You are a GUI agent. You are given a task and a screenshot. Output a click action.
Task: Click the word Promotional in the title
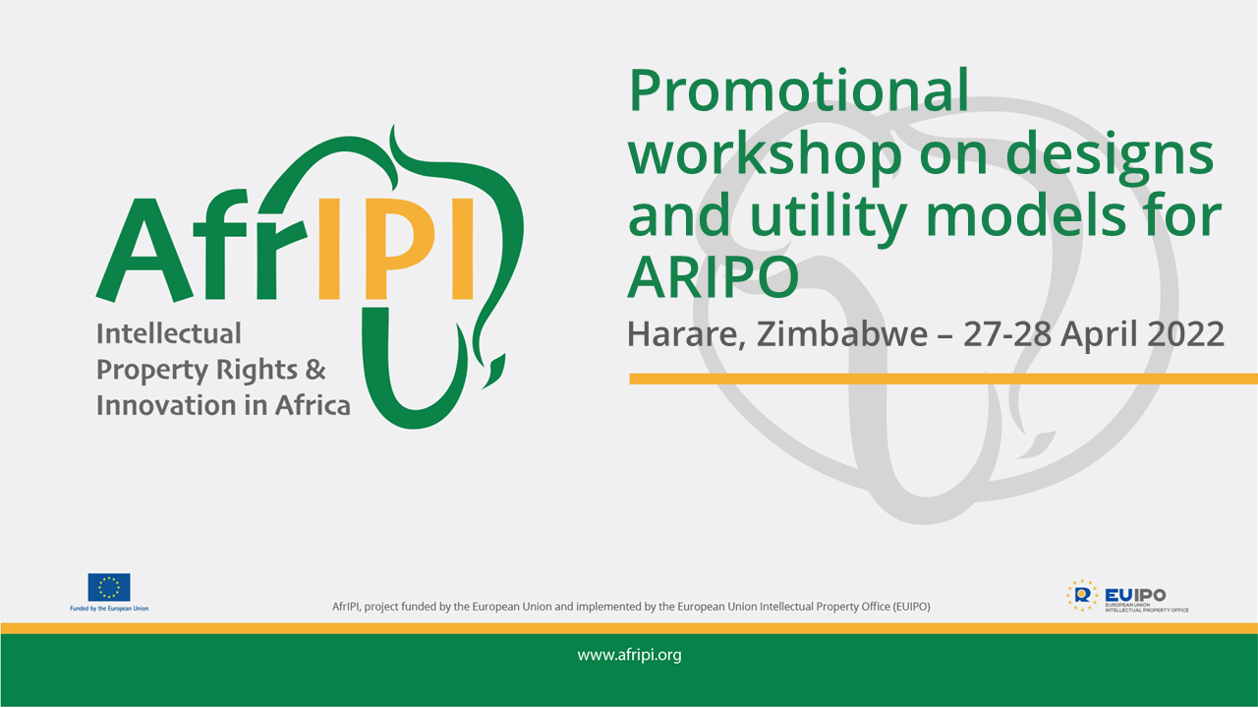(x=798, y=91)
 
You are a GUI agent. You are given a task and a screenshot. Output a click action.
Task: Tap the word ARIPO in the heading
(x=713, y=277)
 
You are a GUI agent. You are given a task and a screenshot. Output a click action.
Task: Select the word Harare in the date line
(x=686, y=335)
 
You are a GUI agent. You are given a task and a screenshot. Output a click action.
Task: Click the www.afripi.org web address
(x=629, y=655)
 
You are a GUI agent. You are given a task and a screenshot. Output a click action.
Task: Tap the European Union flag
(x=109, y=587)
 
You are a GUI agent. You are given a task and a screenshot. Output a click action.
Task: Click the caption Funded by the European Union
(x=109, y=608)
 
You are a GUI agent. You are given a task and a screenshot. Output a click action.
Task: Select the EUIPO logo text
(x=1135, y=595)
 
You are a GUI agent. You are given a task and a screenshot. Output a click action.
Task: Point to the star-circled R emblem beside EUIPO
(x=1082, y=595)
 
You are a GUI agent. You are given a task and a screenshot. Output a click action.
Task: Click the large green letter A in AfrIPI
(x=144, y=250)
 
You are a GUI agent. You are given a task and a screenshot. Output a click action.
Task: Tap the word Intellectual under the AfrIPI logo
(x=168, y=333)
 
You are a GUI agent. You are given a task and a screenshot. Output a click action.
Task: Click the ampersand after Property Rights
(x=315, y=370)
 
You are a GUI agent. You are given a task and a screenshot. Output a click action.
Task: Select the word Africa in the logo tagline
(x=313, y=405)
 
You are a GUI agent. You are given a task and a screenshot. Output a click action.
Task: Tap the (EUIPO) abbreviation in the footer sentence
(x=911, y=607)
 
